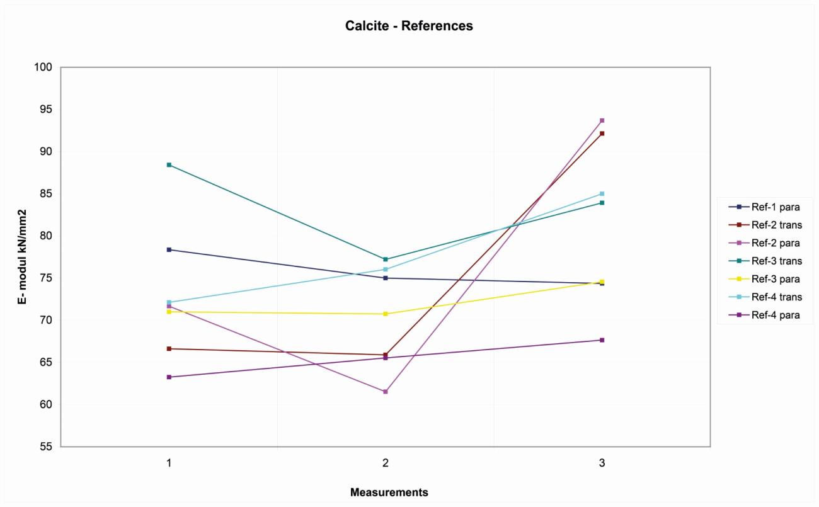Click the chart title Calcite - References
[409, 26]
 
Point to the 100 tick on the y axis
[48, 67]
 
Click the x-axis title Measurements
[389, 493]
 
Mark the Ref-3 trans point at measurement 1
[169, 165]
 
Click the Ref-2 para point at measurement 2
[386, 392]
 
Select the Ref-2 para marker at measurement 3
[602, 120]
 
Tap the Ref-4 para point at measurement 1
[169, 377]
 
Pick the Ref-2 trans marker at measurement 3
[602, 134]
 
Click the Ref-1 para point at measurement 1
[169, 250]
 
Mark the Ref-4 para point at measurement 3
[602, 340]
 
